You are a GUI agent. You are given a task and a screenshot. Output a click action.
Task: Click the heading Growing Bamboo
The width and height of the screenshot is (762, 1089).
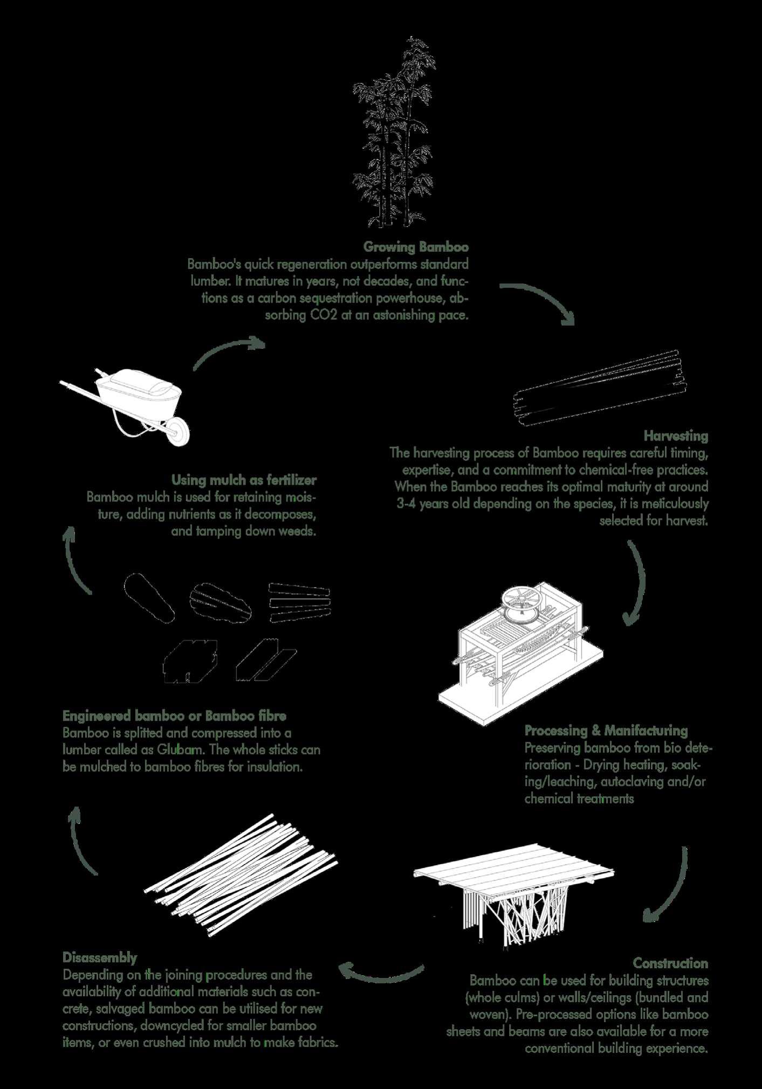[416, 247]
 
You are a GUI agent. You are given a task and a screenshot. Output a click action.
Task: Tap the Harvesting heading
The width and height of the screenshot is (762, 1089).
[676, 435]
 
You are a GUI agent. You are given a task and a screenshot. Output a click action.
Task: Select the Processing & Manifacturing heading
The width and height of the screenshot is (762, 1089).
[606, 730]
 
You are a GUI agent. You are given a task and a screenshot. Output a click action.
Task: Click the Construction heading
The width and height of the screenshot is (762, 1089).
[670, 963]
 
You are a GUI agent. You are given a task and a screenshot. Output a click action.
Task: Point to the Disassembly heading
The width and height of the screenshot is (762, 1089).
[100, 957]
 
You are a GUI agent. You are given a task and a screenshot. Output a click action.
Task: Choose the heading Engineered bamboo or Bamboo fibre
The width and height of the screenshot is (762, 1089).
[174, 716]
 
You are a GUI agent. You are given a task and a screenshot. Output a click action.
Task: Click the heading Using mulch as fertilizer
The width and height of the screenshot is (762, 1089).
[244, 479]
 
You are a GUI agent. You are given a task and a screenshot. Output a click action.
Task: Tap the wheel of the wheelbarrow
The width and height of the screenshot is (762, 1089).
[178, 432]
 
